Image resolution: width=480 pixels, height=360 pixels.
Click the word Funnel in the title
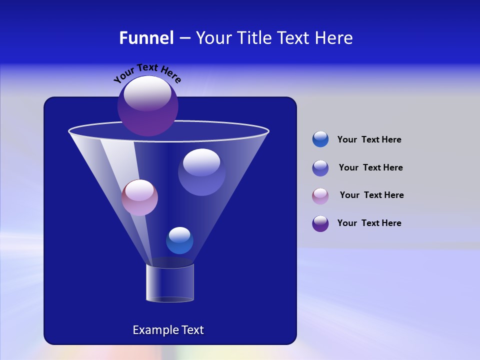(x=146, y=38)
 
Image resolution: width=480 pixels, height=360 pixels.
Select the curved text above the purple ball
(x=147, y=72)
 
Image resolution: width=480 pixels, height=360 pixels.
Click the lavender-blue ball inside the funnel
(x=201, y=172)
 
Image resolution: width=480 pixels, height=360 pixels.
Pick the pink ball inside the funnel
(x=139, y=198)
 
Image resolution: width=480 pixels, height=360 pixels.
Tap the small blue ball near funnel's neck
(x=179, y=240)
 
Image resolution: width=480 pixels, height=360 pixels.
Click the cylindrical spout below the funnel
(x=169, y=283)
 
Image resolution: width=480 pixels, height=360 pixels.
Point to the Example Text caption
(x=168, y=330)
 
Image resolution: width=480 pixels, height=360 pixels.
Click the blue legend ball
(x=320, y=139)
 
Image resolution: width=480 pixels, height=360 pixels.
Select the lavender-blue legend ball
(x=320, y=168)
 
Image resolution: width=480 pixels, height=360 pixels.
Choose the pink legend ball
(x=320, y=196)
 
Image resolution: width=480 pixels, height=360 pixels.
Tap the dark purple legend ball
(x=320, y=223)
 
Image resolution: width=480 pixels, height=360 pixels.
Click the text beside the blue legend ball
(x=369, y=140)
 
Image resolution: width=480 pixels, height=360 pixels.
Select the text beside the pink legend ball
(x=371, y=195)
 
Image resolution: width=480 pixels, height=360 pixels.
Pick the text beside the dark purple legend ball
(x=369, y=223)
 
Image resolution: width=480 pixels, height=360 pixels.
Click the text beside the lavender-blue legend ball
(x=370, y=168)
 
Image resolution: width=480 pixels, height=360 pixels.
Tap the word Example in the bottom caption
(x=154, y=330)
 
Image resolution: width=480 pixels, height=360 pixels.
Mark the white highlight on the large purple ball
(x=147, y=93)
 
